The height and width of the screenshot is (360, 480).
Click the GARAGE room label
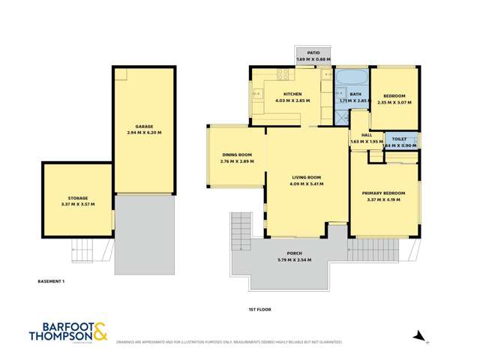point(144,126)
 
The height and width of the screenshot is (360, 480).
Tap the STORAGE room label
point(77,198)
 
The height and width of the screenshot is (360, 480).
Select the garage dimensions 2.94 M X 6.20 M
point(144,133)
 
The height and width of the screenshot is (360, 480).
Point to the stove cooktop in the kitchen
point(283,74)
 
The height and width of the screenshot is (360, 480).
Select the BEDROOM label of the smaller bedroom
point(394,96)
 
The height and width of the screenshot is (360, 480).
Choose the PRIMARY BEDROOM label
point(383,193)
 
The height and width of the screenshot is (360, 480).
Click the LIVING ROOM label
point(306,177)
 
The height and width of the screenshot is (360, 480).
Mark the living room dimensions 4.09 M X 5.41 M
point(306,184)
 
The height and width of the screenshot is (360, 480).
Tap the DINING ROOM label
point(236,154)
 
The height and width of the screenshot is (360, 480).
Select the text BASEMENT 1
point(52,281)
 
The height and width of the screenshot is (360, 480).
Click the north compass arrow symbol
point(419,336)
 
